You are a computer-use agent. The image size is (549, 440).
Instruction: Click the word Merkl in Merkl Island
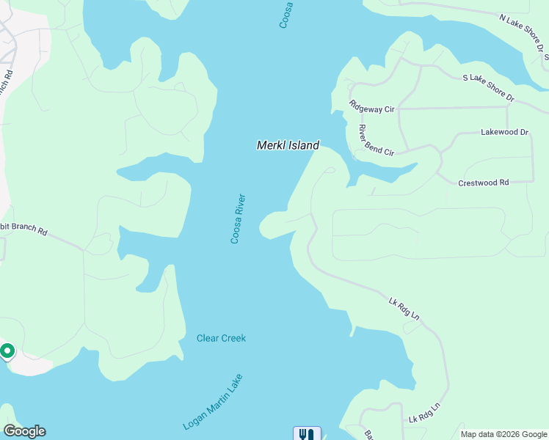(269, 145)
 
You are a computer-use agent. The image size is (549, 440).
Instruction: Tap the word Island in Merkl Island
(302, 145)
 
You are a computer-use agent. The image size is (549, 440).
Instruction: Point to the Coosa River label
(238, 219)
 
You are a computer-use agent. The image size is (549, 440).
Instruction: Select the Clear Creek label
(221, 338)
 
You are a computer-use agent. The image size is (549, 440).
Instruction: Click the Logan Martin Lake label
(213, 403)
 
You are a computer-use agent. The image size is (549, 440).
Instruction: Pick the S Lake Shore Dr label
(488, 87)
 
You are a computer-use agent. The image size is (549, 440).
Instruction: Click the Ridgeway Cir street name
(372, 108)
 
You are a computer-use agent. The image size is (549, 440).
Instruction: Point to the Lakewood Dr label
(504, 132)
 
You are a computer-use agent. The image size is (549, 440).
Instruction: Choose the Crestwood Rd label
(483, 183)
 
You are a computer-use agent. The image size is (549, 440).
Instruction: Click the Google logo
(24, 431)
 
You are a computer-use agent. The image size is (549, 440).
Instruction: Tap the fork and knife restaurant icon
(307, 433)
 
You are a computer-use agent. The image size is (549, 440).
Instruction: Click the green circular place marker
(7, 351)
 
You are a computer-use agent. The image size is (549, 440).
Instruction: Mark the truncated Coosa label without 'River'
(286, 15)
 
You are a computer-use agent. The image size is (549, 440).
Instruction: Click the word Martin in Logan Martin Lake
(214, 402)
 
